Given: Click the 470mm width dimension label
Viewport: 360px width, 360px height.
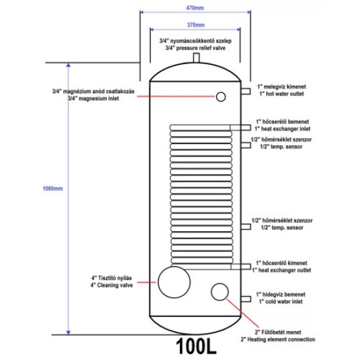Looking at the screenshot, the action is point(195,8).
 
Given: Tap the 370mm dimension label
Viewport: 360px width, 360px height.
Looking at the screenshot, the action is point(196,25).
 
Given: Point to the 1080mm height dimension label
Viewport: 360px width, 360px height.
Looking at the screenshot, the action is point(52,189).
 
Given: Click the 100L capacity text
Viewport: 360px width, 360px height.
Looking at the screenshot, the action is point(196,346).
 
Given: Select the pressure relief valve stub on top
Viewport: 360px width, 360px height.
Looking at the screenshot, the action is point(196,58).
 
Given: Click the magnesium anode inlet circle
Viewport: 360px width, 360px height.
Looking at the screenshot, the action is point(221,97).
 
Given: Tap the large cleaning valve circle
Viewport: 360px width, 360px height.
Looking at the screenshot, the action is point(174,281).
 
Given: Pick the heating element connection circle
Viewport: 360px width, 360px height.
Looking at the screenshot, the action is point(219,292).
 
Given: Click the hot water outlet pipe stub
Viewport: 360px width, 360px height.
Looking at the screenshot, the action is point(245,91).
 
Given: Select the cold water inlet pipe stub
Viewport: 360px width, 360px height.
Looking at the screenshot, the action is point(245,299).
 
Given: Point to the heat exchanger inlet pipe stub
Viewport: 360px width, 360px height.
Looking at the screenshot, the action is point(240,128).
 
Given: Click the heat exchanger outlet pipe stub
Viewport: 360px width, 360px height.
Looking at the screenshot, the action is point(241,266).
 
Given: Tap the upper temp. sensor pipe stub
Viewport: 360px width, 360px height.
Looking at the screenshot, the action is point(245,145).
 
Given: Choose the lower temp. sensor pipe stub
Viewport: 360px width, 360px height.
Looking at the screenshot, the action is point(245,226).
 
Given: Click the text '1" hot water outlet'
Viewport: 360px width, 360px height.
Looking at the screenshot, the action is point(281,94).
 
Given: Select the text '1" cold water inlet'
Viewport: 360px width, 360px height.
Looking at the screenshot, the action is point(281,302).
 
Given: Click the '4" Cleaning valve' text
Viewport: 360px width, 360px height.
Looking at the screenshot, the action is point(111,285).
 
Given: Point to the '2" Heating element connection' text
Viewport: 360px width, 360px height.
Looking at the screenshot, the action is point(278,339).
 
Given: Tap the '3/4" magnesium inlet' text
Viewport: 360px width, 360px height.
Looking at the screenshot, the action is point(94,98).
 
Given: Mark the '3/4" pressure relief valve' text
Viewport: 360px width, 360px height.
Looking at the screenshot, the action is point(196,48).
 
